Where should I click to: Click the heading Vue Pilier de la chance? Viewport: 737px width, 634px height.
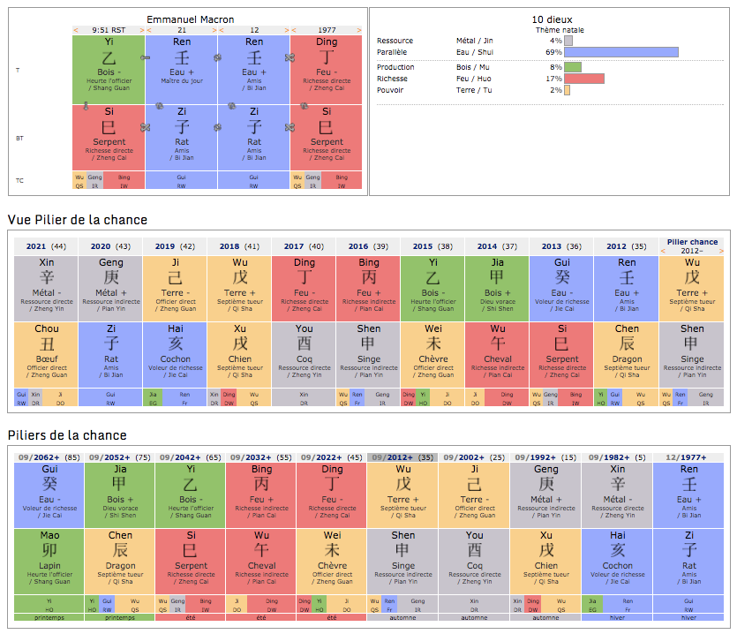click(x=78, y=220)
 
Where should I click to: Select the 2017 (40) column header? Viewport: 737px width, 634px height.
click(x=304, y=246)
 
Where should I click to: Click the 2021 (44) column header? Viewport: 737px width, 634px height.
click(x=46, y=246)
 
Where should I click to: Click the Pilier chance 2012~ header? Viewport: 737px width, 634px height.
click(x=692, y=245)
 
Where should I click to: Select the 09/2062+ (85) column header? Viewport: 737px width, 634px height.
click(x=49, y=457)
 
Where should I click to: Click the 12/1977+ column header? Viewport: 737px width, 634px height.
click(x=688, y=457)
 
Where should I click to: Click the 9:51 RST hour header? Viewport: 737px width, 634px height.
click(x=109, y=30)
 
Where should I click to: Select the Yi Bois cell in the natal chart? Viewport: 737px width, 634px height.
click(x=109, y=69)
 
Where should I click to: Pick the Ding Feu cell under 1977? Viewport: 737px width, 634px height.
click(x=326, y=69)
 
